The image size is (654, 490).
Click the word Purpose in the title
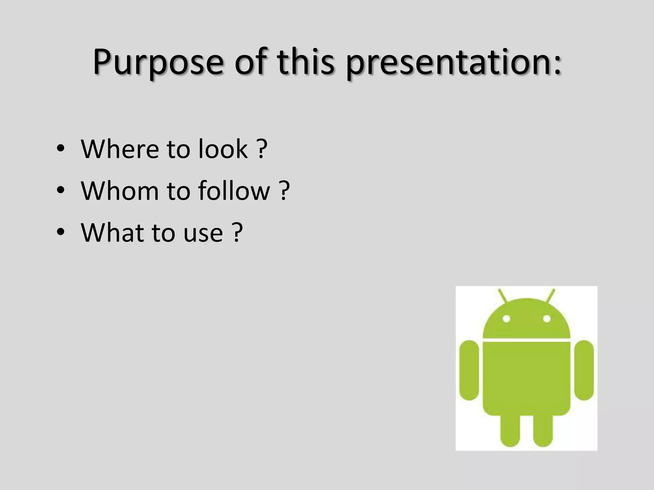158,62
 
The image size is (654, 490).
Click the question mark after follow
284,190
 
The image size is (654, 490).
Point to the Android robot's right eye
547,318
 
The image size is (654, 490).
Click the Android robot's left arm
469,370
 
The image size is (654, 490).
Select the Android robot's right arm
584,370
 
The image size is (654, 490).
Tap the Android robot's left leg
510,429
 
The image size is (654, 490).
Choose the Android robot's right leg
543,429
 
